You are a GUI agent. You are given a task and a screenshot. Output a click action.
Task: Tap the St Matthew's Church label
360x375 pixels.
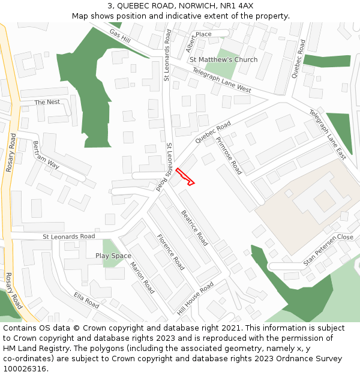[223, 59]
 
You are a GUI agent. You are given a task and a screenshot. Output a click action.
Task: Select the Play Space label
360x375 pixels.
[113, 256]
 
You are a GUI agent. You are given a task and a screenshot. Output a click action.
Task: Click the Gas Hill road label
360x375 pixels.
[120, 36]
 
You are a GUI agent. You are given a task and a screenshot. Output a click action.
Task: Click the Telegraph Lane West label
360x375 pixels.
[221, 80]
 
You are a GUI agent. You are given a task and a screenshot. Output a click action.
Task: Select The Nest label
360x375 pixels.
[47, 102]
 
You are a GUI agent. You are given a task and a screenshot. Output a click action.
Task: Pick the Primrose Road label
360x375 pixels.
[228, 155]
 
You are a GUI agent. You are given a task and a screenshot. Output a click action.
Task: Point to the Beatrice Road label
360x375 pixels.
[194, 227]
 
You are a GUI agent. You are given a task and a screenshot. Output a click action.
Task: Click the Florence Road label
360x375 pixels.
[170, 252]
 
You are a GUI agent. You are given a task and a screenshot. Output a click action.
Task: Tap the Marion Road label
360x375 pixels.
[143, 278]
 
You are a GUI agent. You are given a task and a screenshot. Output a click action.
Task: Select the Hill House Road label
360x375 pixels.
[195, 299]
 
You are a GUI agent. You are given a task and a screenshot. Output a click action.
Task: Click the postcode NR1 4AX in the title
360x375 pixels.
[236, 5]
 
